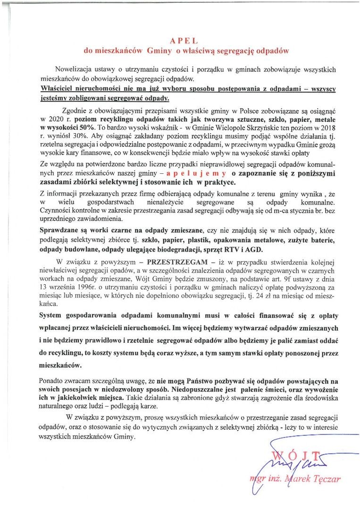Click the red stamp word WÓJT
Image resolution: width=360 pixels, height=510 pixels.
tap(298, 456)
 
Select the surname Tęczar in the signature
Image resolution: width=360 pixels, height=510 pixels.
tap(327, 480)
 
